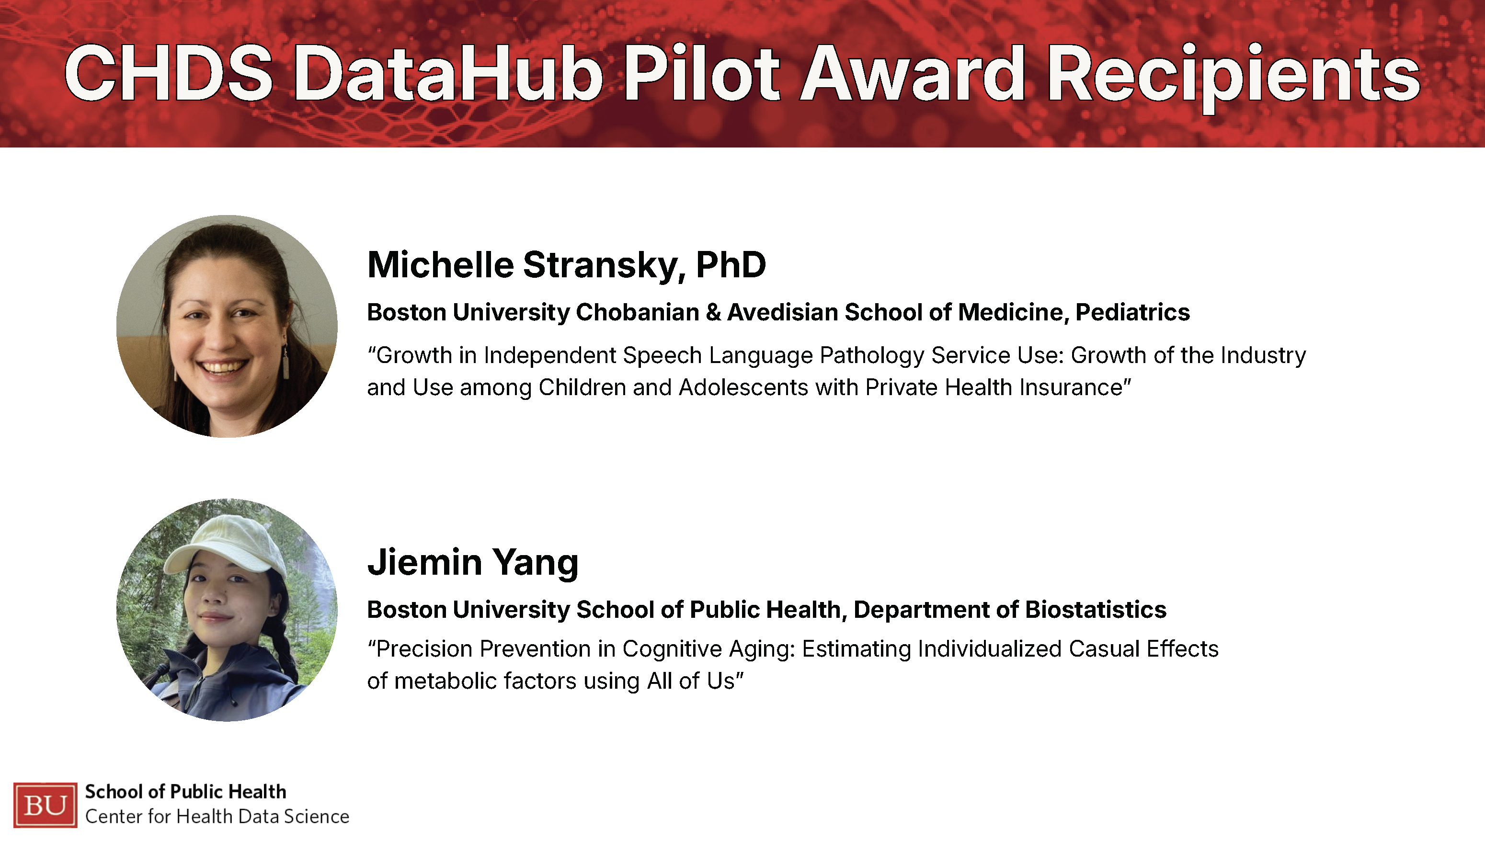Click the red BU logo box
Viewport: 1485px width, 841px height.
click(x=45, y=805)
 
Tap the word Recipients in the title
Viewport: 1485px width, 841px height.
click(x=1233, y=78)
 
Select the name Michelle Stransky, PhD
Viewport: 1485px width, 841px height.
click(x=567, y=266)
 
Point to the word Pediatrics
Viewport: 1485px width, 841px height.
click(x=1132, y=312)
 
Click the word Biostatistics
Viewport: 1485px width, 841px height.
click(x=1096, y=610)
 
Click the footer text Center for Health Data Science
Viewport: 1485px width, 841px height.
click(x=217, y=817)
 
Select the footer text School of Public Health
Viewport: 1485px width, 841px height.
click(x=185, y=792)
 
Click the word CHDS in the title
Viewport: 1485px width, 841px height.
click(x=168, y=74)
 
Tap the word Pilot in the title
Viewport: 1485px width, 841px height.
click(x=702, y=74)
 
